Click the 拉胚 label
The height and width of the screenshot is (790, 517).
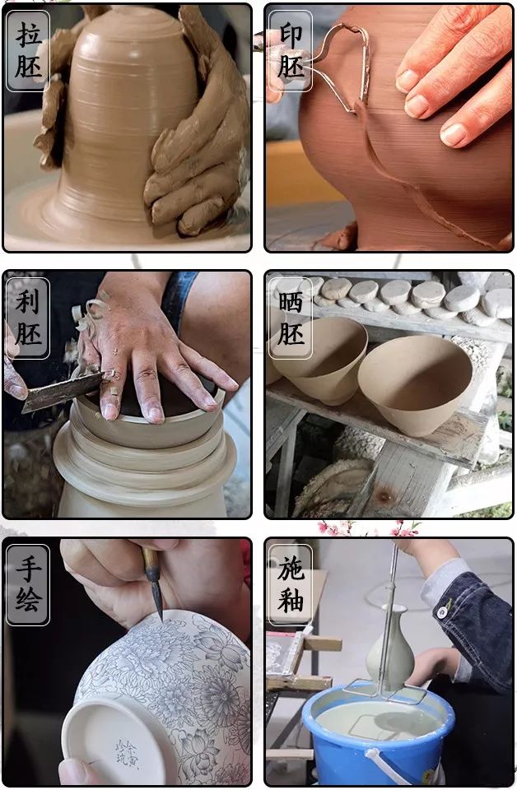(29, 51)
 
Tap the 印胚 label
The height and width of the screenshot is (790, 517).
(291, 51)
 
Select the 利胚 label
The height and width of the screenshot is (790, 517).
(29, 318)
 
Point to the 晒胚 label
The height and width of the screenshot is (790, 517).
(291, 318)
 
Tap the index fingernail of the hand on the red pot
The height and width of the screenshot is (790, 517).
(408, 79)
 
